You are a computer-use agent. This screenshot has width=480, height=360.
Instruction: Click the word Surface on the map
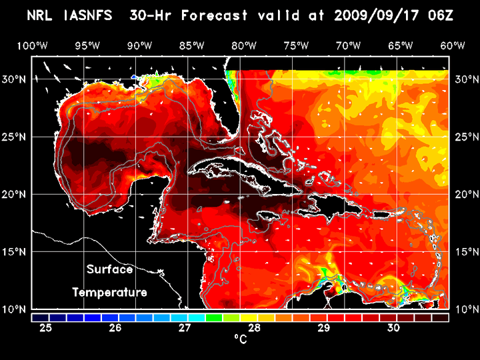[x=109, y=270]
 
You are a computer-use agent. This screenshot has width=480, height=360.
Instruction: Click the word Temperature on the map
[x=109, y=292]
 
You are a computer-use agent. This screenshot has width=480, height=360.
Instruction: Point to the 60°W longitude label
[x=453, y=45]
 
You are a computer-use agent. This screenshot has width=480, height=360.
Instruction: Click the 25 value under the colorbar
[x=46, y=328]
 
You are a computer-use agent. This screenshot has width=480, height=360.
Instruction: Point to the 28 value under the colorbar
[x=254, y=328]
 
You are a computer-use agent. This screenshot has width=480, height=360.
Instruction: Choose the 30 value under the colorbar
[x=393, y=328]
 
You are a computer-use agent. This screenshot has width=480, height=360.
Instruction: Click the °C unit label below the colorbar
[x=240, y=340]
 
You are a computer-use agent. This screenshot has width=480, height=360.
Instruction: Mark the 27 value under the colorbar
[x=185, y=328]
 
